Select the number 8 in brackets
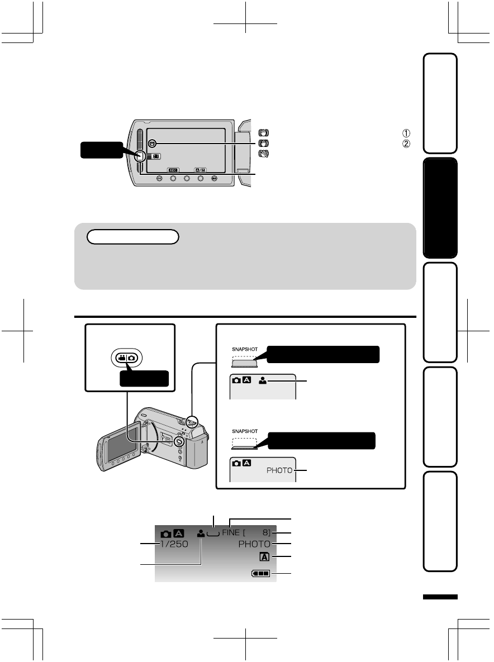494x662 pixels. point(265,532)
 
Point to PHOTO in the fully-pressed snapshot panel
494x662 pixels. point(279,470)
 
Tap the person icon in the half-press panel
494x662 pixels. point(263,382)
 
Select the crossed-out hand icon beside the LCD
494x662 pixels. point(262,153)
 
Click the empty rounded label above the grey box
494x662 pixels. point(133,237)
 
